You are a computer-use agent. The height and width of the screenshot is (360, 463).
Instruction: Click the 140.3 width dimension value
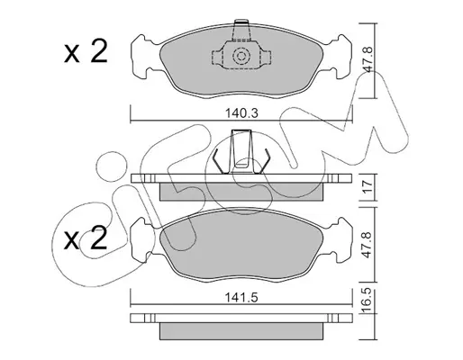(x=241, y=113)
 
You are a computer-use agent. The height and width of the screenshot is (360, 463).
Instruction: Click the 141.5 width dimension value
(x=241, y=298)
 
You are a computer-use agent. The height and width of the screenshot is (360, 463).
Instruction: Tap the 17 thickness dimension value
(x=368, y=187)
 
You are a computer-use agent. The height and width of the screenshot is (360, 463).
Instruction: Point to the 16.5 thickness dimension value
(x=368, y=301)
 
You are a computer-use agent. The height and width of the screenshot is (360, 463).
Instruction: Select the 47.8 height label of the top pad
(x=368, y=59)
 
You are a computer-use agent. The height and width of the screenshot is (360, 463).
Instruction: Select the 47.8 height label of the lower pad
(x=368, y=245)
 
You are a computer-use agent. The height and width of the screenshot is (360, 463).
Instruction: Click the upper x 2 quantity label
(x=86, y=51)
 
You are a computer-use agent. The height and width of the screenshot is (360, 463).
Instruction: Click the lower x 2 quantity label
(x=86, y=238)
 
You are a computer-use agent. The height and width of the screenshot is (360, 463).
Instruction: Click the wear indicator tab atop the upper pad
(x=241, y=30)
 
